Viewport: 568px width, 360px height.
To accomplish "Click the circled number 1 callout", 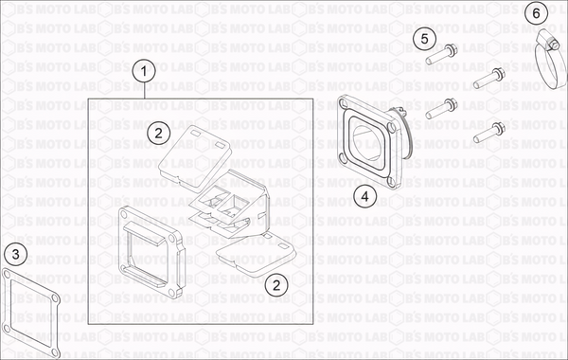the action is (x=144, y=71).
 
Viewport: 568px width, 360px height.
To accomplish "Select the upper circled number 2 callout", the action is (x=158, y=133).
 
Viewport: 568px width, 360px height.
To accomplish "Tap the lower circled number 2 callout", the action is (x=276, y=285).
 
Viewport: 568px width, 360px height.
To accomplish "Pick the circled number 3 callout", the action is (x=15, y=254).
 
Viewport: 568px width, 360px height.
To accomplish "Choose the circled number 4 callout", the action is (x=364, y=196).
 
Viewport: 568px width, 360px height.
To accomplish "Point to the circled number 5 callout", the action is (x=424, y=39).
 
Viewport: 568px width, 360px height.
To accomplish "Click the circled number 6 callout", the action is (x=536, y=14).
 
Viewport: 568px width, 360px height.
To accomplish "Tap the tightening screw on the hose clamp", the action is (x=552, y=45).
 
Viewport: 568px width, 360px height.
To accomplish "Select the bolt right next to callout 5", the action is (x=441, y=54).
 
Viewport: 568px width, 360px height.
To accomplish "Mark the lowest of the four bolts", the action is (x=489, y=133).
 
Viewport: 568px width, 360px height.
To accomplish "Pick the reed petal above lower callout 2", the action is (x=256, y=256).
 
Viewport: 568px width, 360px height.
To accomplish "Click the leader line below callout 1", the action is (x=145, y=91).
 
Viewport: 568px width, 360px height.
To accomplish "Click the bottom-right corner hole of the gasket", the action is (x=55, y=351).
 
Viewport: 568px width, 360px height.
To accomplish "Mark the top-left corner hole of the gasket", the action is (x=7, y=275).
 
